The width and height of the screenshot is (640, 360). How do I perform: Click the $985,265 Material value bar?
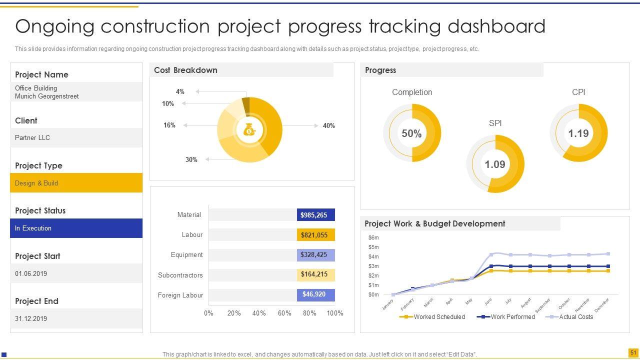[315, 215]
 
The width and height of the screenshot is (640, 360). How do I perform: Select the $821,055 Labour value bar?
[315, 235]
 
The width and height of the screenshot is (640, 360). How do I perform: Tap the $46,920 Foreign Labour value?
[315, 294]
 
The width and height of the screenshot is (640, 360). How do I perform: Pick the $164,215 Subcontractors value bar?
[315, 274]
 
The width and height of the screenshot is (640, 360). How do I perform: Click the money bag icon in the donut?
[249, 130]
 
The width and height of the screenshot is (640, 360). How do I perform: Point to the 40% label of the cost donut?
[328, 126]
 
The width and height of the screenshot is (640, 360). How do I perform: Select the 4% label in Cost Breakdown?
[180, 91]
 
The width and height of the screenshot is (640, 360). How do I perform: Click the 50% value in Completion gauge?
[411, 133]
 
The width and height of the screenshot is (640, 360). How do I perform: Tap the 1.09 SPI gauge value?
[495, 164]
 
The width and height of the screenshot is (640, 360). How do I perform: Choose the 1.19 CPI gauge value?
[578, 133]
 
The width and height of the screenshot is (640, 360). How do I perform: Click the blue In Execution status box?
[76, 228]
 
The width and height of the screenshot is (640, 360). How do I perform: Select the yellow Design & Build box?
[76, 183]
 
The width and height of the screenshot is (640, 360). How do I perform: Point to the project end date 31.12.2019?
[31, 318]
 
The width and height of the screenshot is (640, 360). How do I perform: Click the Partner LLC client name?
[32, 137]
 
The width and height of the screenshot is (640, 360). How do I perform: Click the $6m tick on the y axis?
[373, 237]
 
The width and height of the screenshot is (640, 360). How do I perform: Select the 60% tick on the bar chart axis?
[284, 313]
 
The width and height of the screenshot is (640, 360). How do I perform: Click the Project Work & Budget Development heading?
[434, 223]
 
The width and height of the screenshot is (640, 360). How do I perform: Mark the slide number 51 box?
[633, 353]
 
